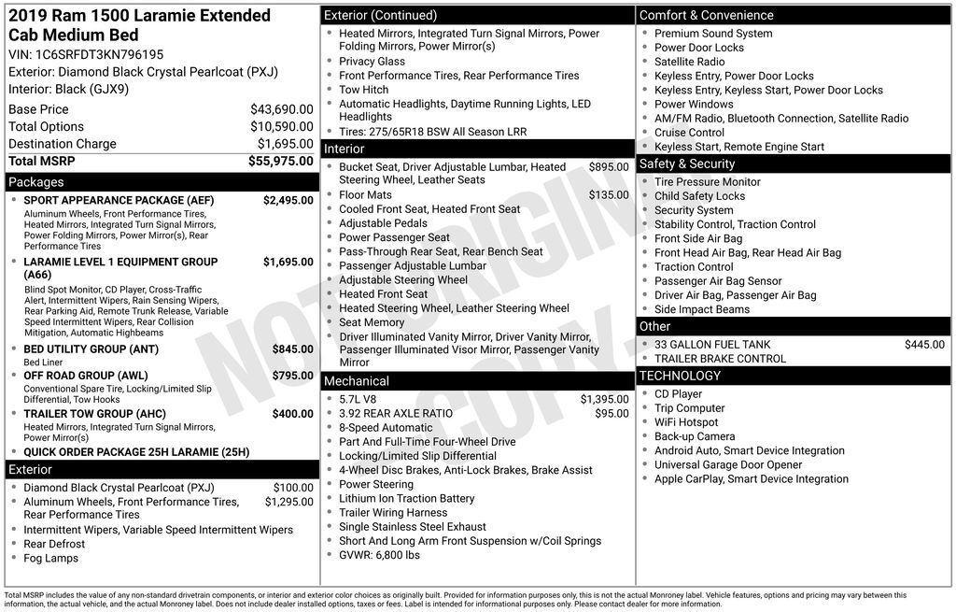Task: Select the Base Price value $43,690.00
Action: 281,109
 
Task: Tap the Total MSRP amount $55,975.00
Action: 280,162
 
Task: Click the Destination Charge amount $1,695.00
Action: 285,144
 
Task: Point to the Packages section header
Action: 36,182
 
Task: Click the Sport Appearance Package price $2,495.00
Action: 288,200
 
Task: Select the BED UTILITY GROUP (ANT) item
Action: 91,349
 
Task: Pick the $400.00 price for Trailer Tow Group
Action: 292,414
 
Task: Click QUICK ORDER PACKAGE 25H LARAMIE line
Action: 136,452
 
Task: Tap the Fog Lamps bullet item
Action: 51,559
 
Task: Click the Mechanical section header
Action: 356,381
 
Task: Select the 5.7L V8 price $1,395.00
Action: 604,400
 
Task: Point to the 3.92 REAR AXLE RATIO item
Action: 396,414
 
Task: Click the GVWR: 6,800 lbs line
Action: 379,555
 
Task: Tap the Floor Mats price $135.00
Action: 609,195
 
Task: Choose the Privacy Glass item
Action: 372,62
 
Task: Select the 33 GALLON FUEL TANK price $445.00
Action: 924,345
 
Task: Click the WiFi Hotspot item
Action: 686,422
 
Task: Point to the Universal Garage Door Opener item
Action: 728,465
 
